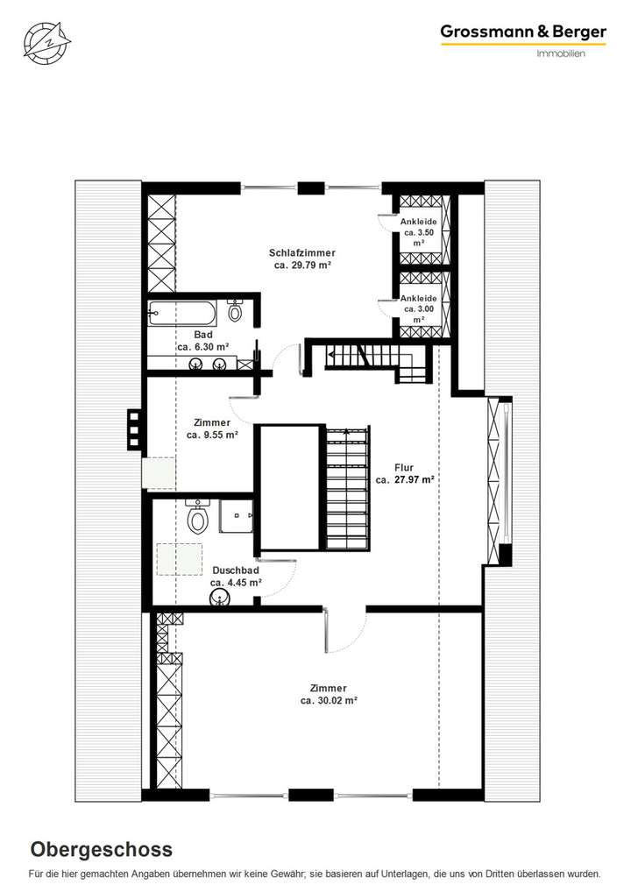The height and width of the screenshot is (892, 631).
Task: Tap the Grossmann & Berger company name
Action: click(522, 32)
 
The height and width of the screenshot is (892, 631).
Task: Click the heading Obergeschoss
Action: click(102, 849)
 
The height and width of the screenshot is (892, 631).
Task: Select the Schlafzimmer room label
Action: click(301, 252)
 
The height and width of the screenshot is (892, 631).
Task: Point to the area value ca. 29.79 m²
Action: click(301, 265)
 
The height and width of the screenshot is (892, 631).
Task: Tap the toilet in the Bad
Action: click(235, 310)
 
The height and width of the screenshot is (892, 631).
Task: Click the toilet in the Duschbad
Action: click(198, 519)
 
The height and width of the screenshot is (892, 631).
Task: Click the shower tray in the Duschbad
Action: click(236, 516)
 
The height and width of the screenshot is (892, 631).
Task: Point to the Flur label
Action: click(405, 467)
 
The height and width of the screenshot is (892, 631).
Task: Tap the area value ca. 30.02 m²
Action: click(328, 700)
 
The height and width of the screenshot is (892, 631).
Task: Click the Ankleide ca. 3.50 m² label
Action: click(418, 232)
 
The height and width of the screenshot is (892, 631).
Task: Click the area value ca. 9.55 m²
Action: click(209, 434)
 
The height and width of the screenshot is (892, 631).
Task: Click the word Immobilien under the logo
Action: click(560, 53)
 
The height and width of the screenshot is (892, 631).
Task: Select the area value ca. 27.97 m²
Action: click(405, 479)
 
